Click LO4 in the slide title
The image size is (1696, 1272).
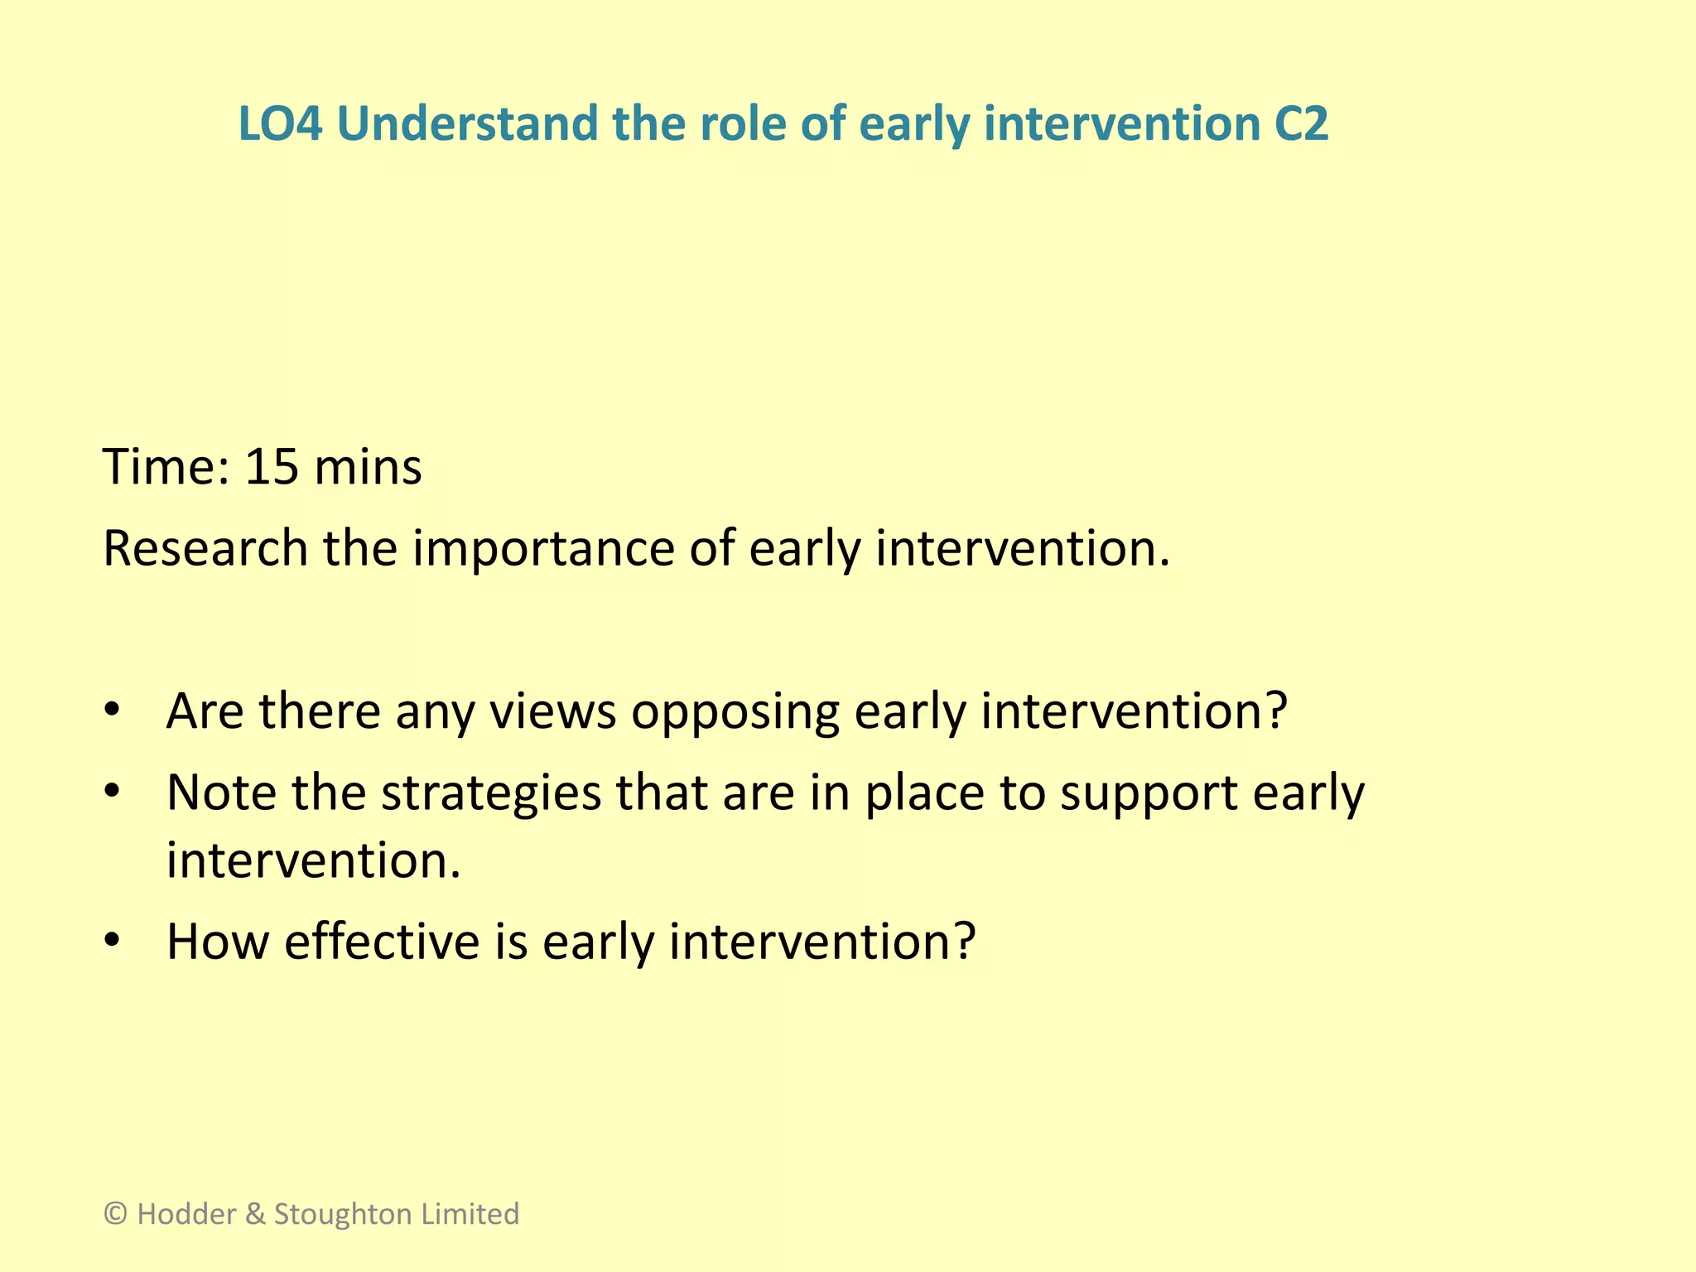pos(279,124)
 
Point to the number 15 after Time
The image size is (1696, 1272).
pos(271,467)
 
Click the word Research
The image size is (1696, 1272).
pos(205,548)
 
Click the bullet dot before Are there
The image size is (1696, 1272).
pos(113,711)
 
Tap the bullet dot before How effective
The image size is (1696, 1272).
pos(113,942)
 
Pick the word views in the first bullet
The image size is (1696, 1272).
pos(552,712)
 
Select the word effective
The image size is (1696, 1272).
pos(382,942)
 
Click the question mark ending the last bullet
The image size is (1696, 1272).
pos(963,942)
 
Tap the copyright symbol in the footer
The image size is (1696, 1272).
pos(116,1214)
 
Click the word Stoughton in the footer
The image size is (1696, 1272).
pos(344,1215)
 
